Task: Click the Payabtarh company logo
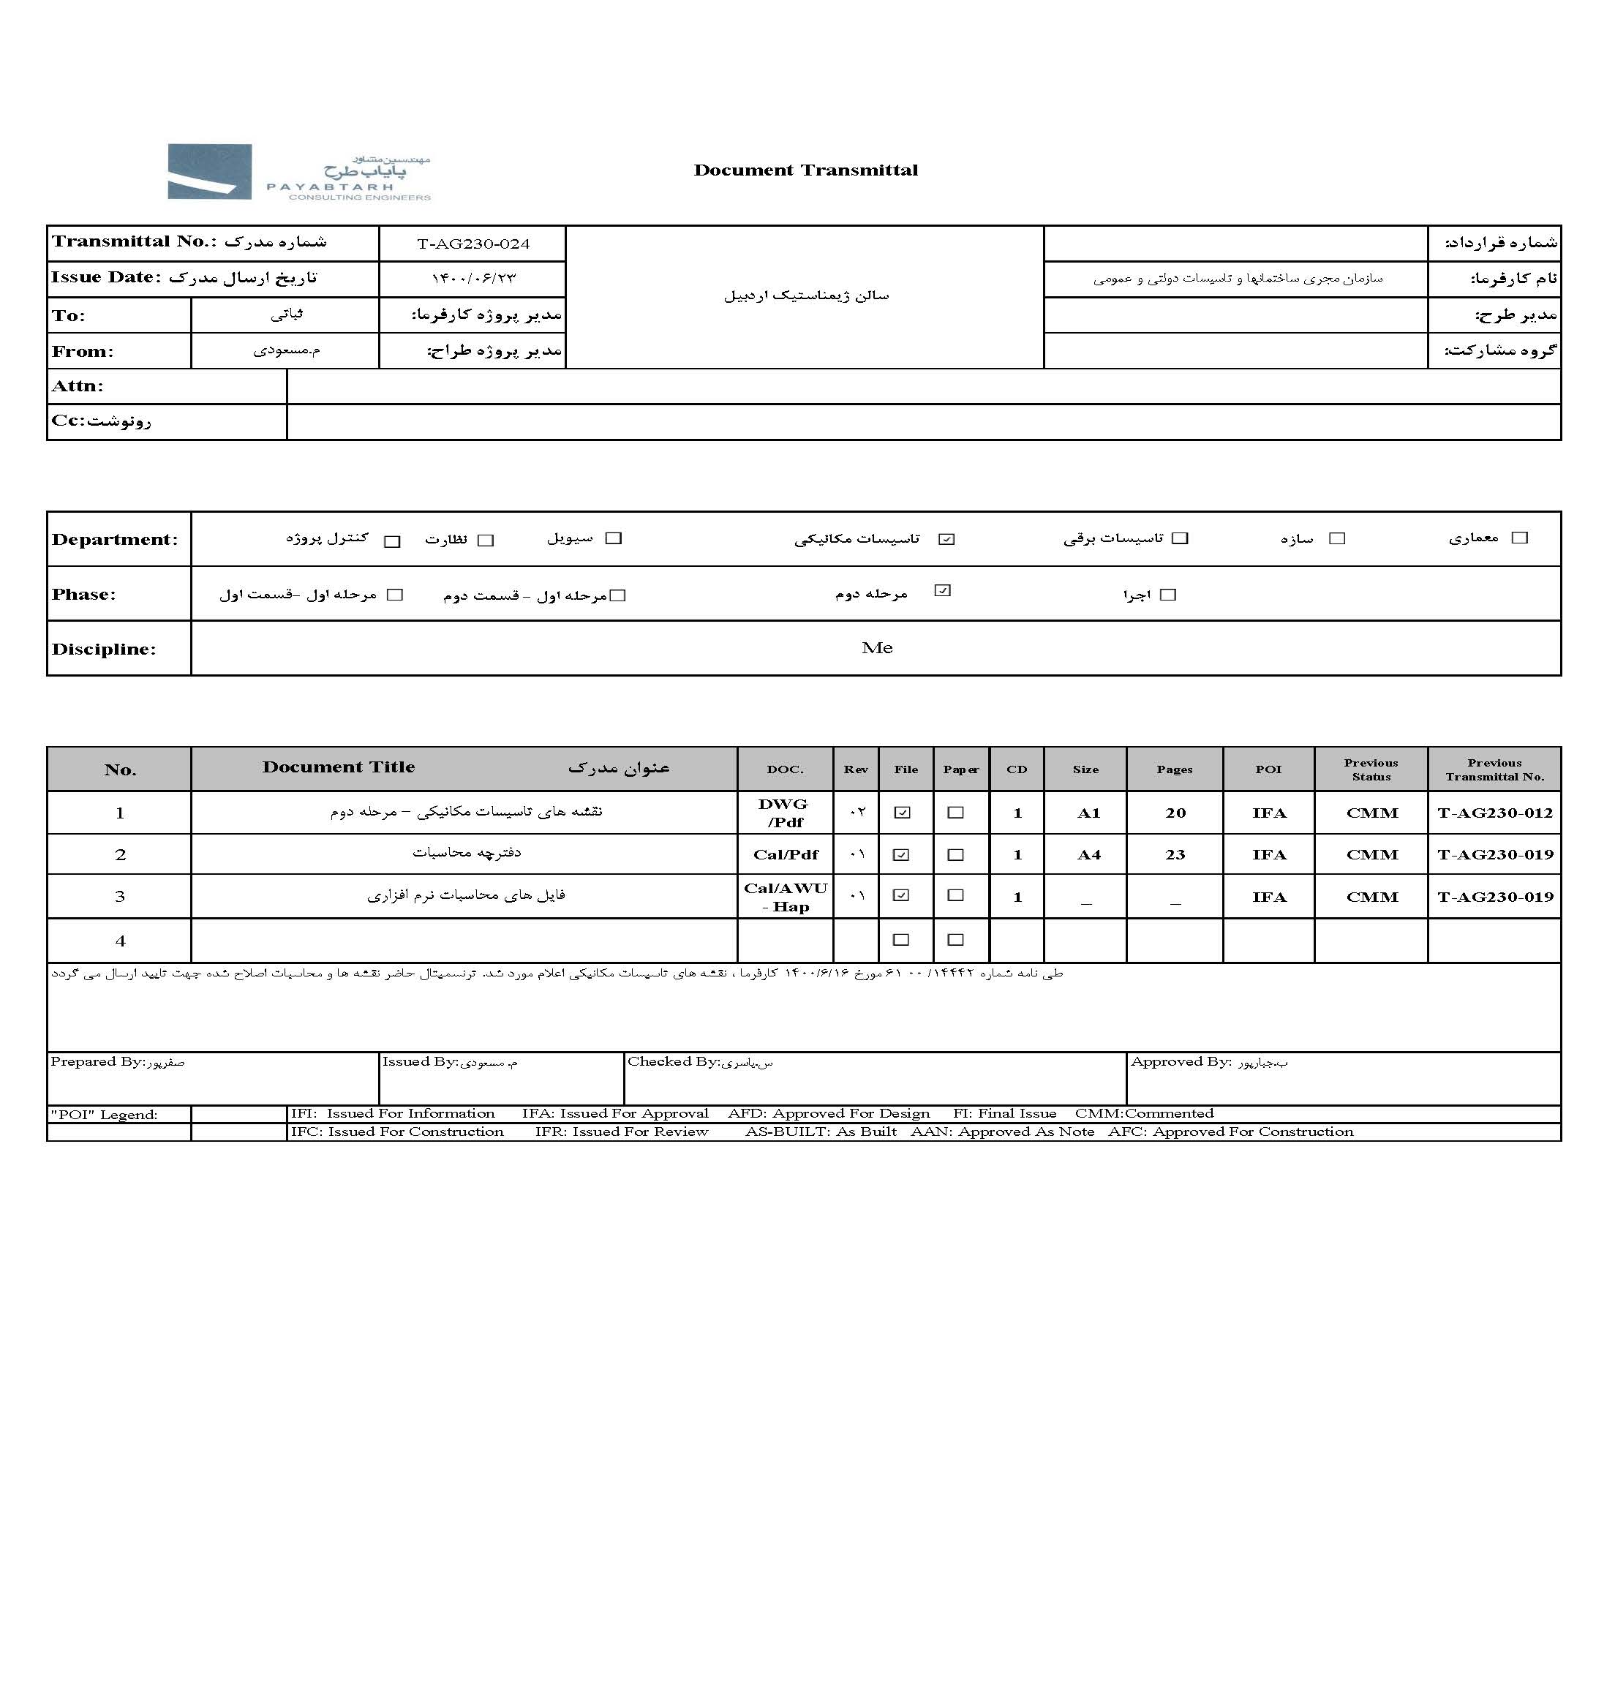coord(298,172)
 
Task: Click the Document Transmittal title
coord(806,170)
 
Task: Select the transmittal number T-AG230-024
coord(473,244)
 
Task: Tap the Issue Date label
coord(106,277)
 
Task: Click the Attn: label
coord(78,386)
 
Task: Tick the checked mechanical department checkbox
coord(947,539)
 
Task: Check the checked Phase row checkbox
coord(943,590)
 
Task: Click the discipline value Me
coord(876,648)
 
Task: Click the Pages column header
coord(1174,769)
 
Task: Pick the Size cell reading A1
coord(1088,813)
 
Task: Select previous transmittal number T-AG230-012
coord(1494,813)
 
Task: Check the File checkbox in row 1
coord(902,813)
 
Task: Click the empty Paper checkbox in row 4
coord(955,940)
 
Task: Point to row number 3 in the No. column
coord(120,897)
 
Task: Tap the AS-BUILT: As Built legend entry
coord(821,1132)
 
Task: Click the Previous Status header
coord(1371,769)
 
